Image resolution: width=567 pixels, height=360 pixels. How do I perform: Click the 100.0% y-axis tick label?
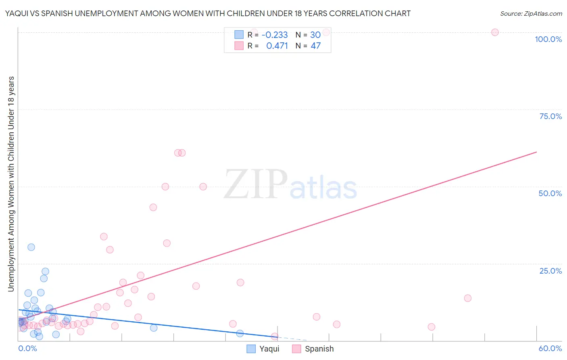(x=548, y=39)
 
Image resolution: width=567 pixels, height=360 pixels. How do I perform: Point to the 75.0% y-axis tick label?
(x=550, y=116)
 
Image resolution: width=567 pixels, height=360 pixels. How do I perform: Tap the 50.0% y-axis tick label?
(x=550, y=193)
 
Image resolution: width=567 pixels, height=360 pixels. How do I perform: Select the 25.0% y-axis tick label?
(x=550, y=271)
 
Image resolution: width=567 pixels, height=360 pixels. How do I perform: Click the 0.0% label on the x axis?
(x=27, y=348)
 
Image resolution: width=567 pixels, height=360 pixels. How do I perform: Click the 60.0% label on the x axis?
(x=550, y=348)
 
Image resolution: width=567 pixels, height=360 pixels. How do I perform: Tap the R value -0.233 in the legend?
(x=275, y=35)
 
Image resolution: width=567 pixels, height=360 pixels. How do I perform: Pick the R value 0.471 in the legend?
(x=277, y=46)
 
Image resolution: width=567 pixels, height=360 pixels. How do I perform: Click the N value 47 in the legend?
(x=315, y=46)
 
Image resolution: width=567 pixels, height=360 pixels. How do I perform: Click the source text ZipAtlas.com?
(x=531, y=13)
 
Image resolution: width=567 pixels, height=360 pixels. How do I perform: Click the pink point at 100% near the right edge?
(x=495, y=32)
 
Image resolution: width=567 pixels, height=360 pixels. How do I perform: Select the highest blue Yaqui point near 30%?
(x=31, y=247)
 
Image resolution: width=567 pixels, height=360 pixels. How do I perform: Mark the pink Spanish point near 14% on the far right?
(x=467, y=298)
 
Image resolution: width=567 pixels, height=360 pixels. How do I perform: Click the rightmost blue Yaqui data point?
(x=240, y=333)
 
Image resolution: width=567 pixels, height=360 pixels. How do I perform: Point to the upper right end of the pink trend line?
(x=536, y=152)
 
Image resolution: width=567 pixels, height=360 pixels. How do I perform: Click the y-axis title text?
(x=11, y=184)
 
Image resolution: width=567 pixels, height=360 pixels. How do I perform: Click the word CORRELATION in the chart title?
(x=354, y=13)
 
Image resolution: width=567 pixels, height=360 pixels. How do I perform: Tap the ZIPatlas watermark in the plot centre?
(x=290, y=185)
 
